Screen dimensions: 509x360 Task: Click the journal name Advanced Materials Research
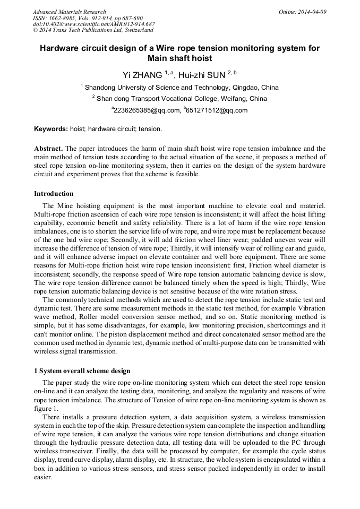[x=69, y=12]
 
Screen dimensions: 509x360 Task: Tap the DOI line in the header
[x=93, y=24]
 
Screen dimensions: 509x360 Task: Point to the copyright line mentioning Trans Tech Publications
[x=92, y=30]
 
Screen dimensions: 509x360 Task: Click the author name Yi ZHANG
[x=142, y=75]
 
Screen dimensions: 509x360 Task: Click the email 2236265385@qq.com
[x=145, y=110]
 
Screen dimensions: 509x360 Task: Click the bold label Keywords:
[x=51, y=129]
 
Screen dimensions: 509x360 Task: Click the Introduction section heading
[x=54, y=194]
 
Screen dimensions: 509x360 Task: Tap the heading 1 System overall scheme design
[x=82, y=370]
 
